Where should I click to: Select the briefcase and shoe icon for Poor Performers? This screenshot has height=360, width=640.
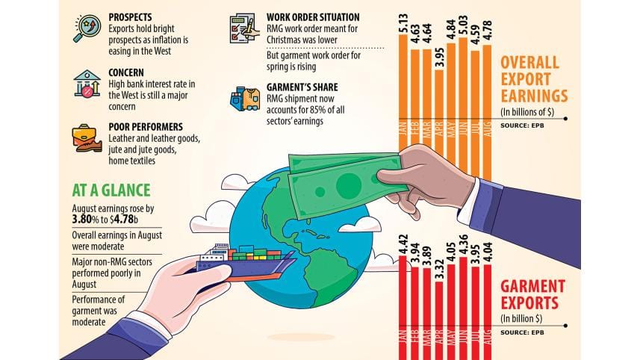87,139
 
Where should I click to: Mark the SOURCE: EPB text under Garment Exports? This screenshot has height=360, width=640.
521,332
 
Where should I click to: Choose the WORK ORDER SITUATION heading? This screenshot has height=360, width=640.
314,16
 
